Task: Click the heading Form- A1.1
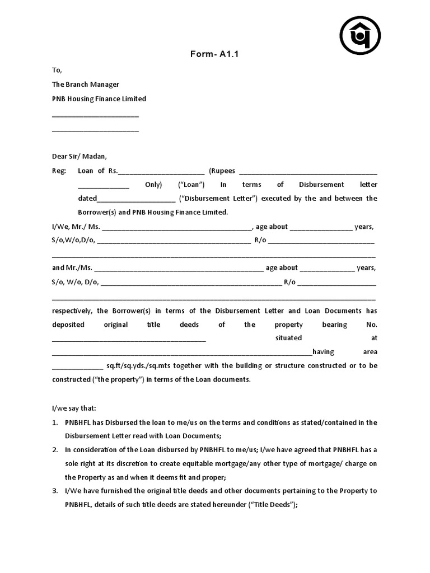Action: [215, 54]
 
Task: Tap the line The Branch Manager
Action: [86, 84]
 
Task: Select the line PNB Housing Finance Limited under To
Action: [99, 98]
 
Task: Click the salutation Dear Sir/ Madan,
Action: [79, 156]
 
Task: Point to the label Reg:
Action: [59, 171]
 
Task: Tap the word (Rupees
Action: [222, 171]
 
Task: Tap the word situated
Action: [288, 338]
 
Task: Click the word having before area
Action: [323, 352]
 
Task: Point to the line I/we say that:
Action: [74, 408]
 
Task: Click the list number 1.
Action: [55, 422]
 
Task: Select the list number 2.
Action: [55, 450]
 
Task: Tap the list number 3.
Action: [55, 491]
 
